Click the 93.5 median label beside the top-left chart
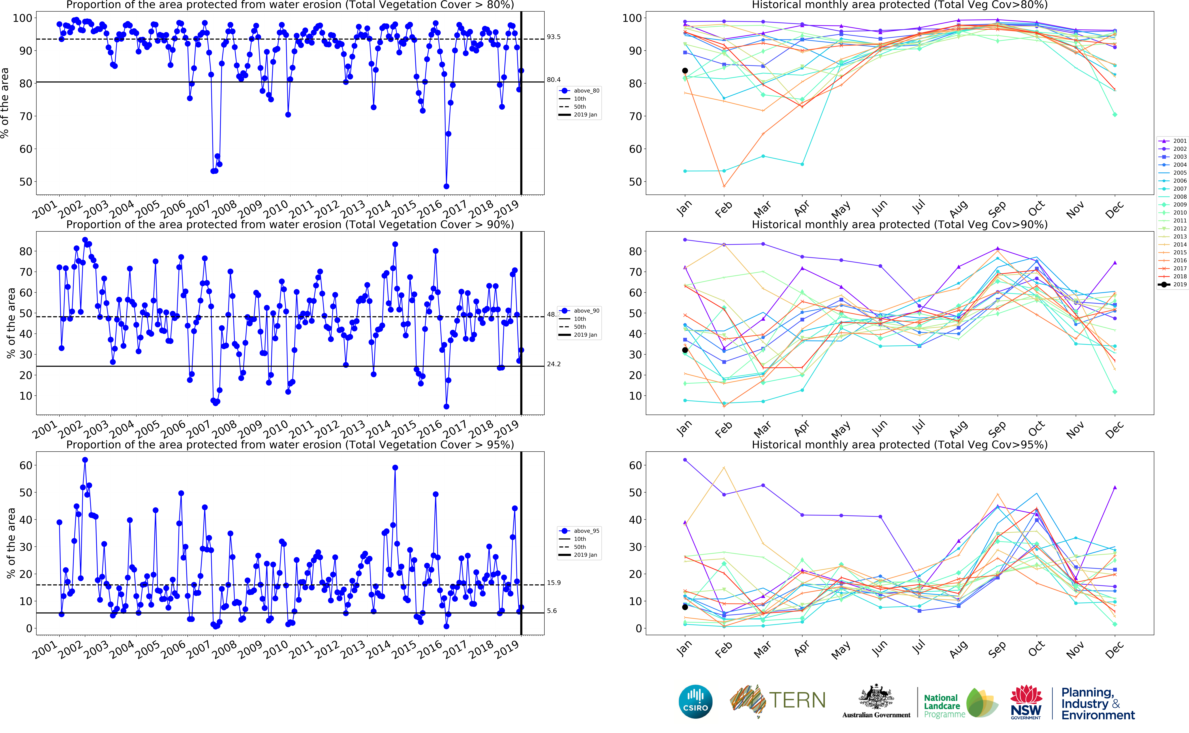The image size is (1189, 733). click(x=553, y=37)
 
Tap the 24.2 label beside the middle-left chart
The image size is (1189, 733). click(x=553, y=364)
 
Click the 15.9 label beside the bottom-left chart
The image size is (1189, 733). click(x=553, y=583)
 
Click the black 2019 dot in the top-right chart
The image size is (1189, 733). click(x=685, y=71)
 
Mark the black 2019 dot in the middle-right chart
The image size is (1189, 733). click(x=685, y=350)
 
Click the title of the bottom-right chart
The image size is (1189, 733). click(x=899, y=445)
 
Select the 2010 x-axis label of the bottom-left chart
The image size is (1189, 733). click(x=275, y=650)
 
